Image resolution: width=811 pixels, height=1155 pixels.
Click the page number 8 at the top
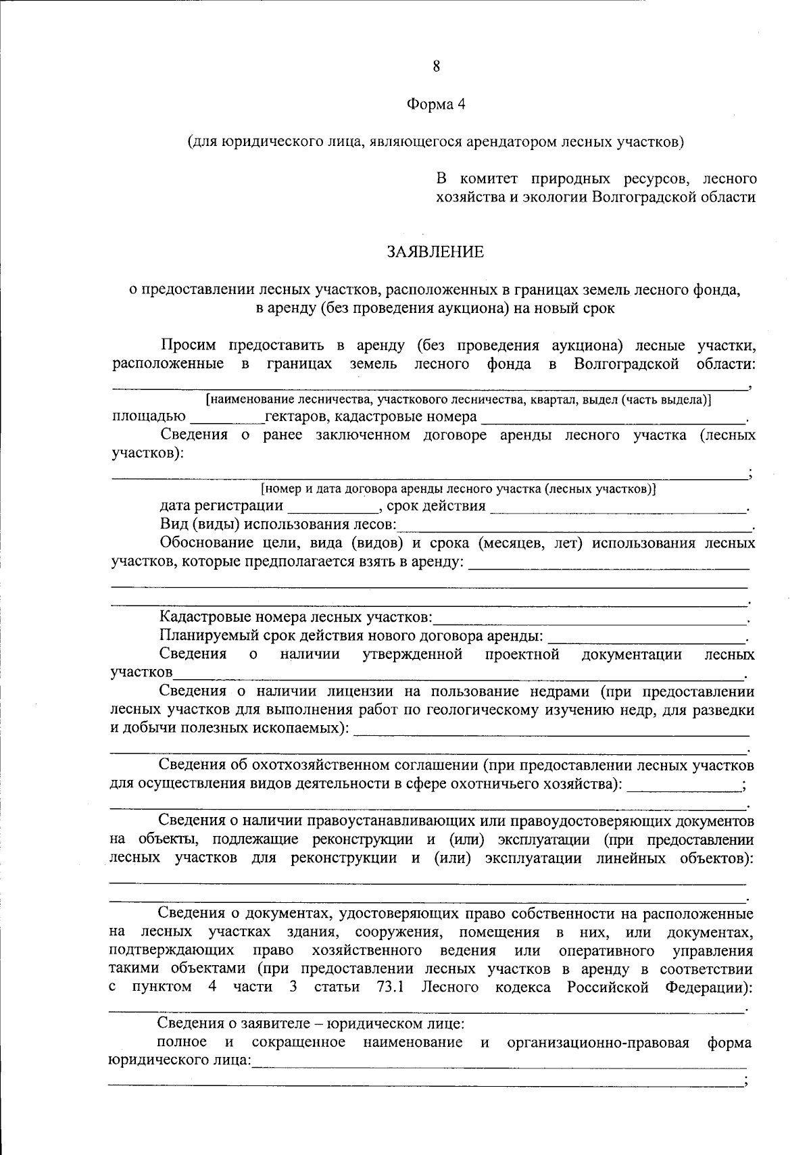[435, 66]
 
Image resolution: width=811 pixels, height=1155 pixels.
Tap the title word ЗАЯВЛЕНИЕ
[435, 252]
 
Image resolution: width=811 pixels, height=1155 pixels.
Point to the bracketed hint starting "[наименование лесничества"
[459, 400]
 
